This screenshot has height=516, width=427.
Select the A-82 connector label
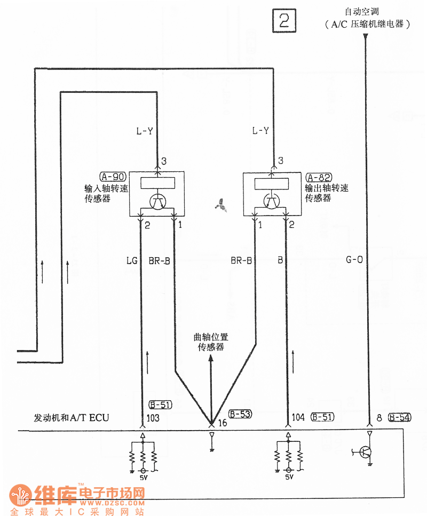click(x=319, y=177)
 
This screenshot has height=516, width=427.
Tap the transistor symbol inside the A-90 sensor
click(x=157, y=202)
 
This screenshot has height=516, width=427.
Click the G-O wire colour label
click(x=354, y=260)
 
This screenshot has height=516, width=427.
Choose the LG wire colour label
click(x=132, y=260)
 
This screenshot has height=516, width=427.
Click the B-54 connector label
click(x=400, y=417)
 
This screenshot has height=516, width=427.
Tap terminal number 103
click(x=153, y=418)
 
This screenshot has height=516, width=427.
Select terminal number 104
click(x=299, y=417)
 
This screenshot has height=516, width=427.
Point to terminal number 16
click(x=223, y=423)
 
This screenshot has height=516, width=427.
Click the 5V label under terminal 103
click(x=143, y=478)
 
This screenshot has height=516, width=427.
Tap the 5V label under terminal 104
click(x=289, y=478)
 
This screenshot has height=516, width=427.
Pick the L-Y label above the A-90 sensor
click(x=145, y=131)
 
